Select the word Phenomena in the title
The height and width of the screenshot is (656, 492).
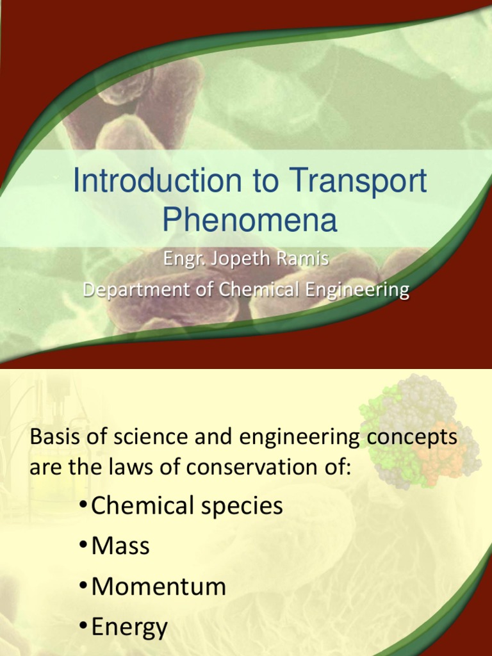249,220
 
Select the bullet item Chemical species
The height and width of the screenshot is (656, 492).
186,506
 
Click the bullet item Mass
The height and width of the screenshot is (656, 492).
120,546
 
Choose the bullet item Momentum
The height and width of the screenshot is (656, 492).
158,587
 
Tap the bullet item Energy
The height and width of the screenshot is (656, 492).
129,627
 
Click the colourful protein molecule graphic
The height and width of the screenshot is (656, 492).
420,429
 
